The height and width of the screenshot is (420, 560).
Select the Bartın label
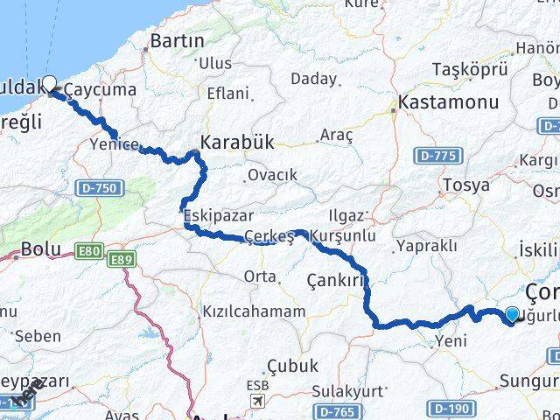point(177,40)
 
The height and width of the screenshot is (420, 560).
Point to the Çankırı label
point(334,281)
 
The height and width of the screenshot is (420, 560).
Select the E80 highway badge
point(87,252)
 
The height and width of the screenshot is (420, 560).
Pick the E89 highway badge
point(120,260)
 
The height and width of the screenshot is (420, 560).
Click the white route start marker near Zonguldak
point(49,83)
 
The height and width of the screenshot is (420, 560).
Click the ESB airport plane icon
point(257,401)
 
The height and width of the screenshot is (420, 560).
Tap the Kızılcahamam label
point(254,311)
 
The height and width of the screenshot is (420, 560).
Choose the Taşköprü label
point(471,70)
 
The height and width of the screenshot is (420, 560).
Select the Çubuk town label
point(293,366)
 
